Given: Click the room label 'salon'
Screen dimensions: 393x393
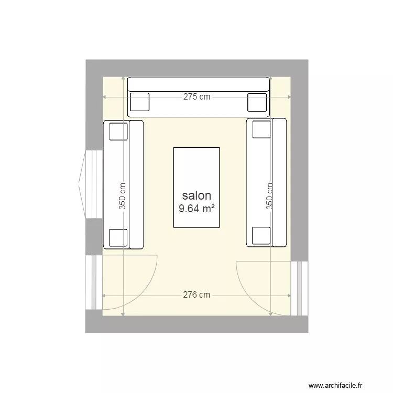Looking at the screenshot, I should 196,196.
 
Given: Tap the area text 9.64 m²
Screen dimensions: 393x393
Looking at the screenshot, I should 196,209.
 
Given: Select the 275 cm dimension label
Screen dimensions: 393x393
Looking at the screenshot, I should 196,97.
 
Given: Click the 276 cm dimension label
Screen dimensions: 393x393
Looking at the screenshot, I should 196,295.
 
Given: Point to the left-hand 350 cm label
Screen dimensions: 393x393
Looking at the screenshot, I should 122,195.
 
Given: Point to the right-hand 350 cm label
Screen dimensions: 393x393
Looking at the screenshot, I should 270,195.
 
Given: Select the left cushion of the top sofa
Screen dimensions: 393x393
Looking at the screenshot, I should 139,102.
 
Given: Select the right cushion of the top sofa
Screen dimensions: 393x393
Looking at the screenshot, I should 257,102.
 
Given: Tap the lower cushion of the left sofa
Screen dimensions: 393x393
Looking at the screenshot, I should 118,238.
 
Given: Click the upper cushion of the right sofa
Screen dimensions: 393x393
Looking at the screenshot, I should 261,129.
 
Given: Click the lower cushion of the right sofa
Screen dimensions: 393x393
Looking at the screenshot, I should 261,236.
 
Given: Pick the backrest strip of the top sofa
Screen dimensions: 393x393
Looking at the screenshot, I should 198,84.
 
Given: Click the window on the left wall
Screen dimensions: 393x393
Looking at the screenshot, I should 93,184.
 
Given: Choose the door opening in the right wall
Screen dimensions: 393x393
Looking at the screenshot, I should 300,288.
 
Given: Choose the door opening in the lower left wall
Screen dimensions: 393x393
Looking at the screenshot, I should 94,283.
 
